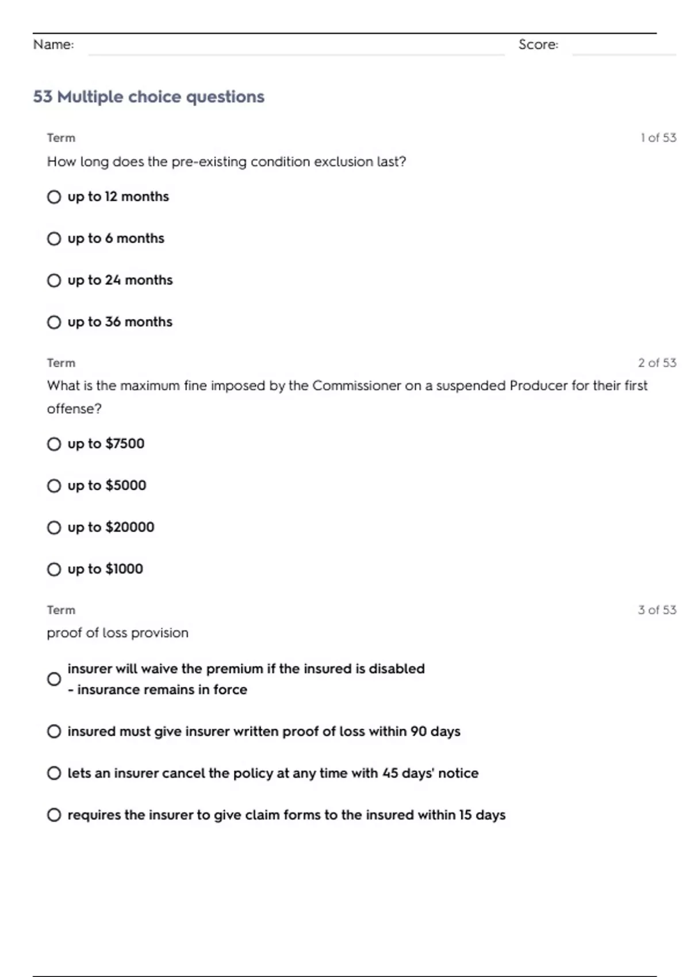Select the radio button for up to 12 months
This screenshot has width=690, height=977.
click(x=54, y=197)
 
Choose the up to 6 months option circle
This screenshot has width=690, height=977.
click(x=54, y=239)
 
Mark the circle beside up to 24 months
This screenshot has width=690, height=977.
click(x=54, y=280)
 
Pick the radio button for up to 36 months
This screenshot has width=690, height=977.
click(x=54, y=322)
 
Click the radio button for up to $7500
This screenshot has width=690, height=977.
click(x=54, y=444)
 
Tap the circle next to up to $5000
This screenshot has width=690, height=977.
click(x=54, y=486)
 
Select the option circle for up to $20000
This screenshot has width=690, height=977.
click(x=54, y=528)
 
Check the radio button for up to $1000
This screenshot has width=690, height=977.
click(x=54, y=570)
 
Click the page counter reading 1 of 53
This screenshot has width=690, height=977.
click(x=658, y=138)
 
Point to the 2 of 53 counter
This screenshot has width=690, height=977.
click(x=657, y=363)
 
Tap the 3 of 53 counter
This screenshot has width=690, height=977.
click(x=657, y=610)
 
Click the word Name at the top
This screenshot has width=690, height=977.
click(x=53, y=45)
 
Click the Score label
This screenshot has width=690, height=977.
click(x=538, y=45)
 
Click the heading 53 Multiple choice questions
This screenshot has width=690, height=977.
click(x=148, y=97)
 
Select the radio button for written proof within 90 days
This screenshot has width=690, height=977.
click(x=54, y=732)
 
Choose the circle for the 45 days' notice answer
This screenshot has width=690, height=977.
click(x=54, y=774)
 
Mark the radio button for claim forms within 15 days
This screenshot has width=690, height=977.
click(x=54, y=815)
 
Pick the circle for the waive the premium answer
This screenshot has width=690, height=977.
click(x=54, y=679)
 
